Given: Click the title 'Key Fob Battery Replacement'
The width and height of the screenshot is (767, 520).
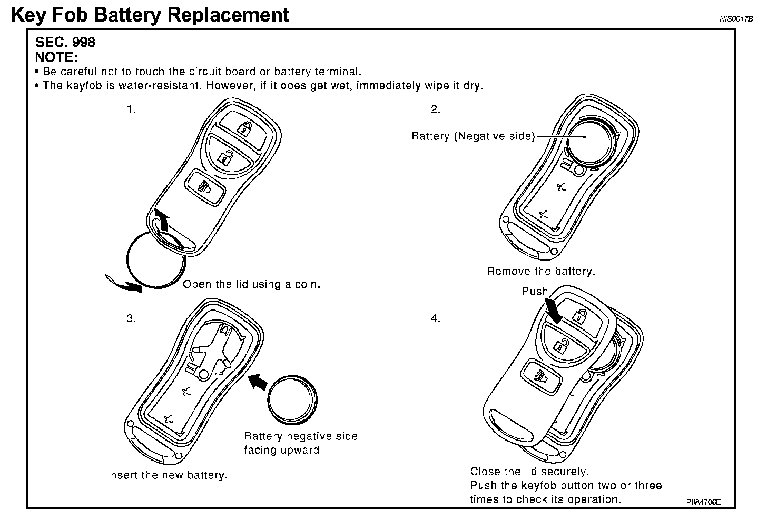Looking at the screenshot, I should tap(150, 15).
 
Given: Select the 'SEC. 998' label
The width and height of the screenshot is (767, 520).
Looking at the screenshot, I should tap(65, 42).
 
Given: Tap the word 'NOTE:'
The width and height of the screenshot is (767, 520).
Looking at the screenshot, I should tap(56, 56).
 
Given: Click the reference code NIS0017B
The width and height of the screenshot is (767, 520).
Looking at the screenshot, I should tap(736, 19).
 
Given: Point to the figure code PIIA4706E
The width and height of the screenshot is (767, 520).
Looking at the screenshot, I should tap(703, 502).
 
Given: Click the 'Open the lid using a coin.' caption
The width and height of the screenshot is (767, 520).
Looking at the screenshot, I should tap(251, 285).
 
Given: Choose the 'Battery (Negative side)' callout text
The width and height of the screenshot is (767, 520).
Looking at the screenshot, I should tap(473, 136).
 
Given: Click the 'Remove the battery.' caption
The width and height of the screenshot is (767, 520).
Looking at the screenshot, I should tap(540, 272).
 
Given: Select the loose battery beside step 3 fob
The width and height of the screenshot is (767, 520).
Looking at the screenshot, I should tap(292, 400).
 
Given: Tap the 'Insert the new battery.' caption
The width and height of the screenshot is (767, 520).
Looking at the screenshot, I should tap(168, 475).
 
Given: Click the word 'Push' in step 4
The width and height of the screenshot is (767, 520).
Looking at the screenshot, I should tap(534, 292).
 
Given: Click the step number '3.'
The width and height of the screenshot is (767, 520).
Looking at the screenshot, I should tap(131, 318).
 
